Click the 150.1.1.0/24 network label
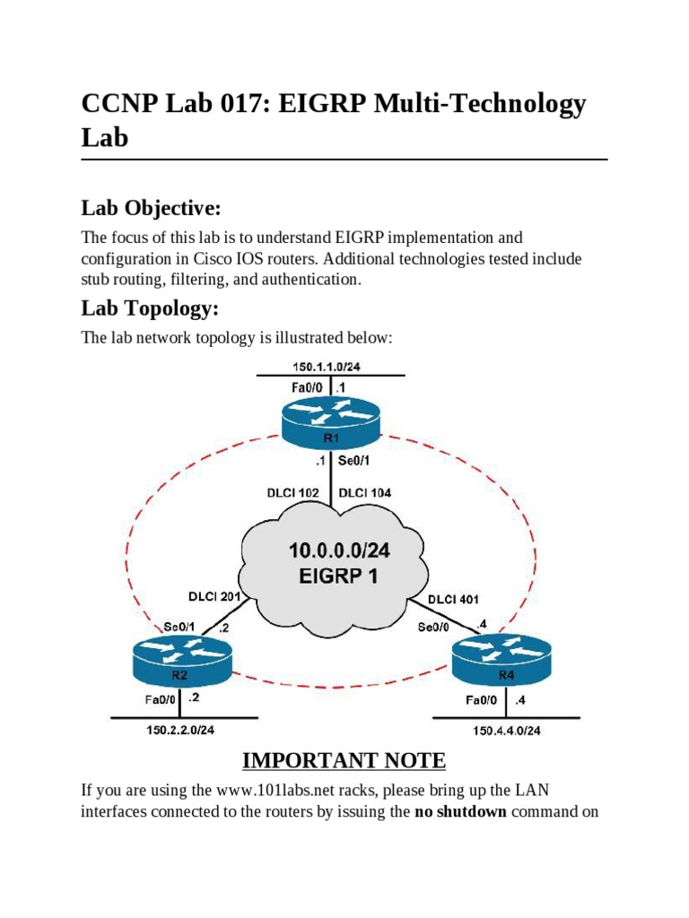(332, 366)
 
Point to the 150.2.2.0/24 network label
(181, 730)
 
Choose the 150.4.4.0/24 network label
(507, 731)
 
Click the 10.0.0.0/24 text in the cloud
(332, 550)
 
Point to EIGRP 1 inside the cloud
(332, 576)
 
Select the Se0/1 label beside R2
(181, 627)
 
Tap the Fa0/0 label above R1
(308, 387)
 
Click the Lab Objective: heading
(151, 209)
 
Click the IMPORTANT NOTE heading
(344, 761)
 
